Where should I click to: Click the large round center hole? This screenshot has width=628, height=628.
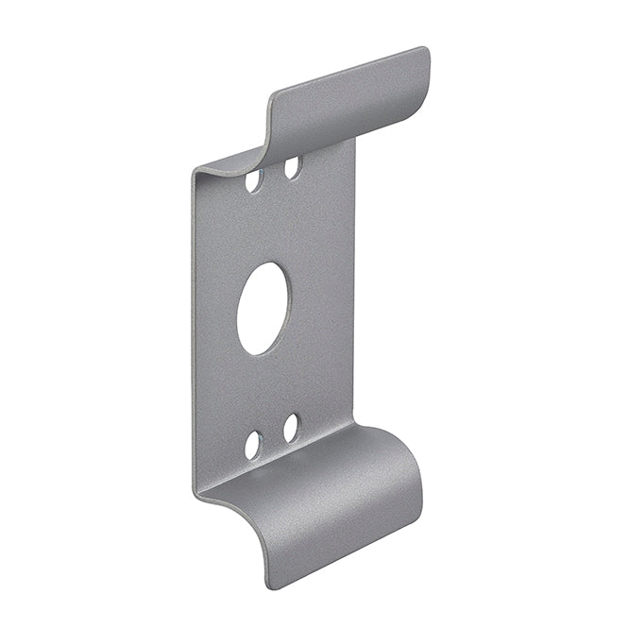click(x=263, y=309)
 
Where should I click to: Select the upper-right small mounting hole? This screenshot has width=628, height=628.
click(x=293, y=167)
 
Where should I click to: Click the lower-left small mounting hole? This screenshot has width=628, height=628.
click(x=254, y=444)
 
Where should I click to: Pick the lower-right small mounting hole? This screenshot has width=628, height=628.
click(x=291, y=428)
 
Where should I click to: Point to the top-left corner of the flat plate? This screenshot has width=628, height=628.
click(x=195, y=173)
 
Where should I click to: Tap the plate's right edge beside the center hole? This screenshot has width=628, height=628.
click(x=354, y=293)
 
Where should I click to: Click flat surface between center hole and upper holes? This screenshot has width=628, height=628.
click(x=269, y=227)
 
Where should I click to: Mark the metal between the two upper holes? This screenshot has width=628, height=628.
click(x=274, y=174)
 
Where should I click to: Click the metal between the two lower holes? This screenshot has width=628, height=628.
click(x=273, y=436)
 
